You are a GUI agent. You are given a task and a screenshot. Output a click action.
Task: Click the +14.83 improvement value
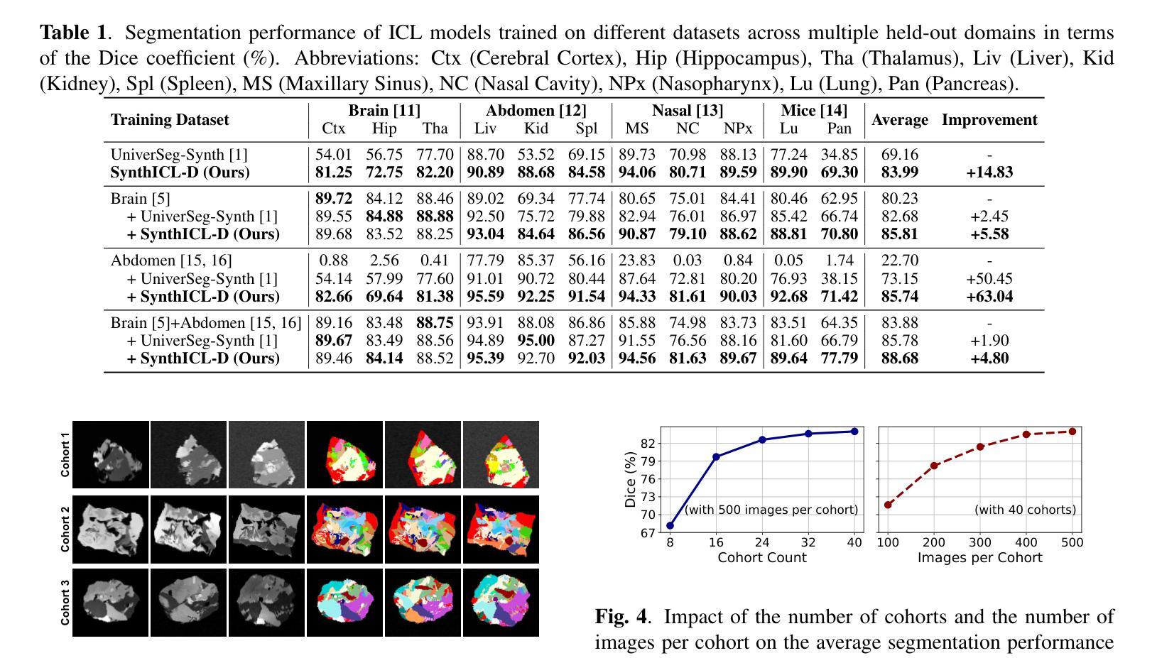[x=989, y=172]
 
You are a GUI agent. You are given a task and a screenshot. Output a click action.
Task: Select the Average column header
[x=899, y=120]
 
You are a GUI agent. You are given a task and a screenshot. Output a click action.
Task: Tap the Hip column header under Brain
[x=384, y=128]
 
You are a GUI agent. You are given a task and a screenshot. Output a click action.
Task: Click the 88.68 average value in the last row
[x=899, y=358]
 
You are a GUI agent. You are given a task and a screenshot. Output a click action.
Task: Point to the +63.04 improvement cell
[x=989, y=297]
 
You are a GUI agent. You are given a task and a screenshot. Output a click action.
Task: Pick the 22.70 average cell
[x=899, y=261]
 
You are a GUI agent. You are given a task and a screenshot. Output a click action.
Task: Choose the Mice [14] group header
[x=813, y=110]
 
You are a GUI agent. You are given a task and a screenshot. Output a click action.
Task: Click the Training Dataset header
[x=170, y=120]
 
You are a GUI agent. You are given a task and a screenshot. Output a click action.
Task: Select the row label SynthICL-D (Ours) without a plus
[x=180, y=172]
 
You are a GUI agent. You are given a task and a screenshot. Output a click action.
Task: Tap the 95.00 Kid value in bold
[x=536, y=341]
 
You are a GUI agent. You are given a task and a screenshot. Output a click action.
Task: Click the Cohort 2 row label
[x=65, y=529]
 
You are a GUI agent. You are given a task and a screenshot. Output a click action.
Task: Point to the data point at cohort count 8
[x=670, y=526]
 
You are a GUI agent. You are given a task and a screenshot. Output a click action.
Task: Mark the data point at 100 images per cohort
[x=888, y=505]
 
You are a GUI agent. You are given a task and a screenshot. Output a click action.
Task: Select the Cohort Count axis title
[x=761, y=558]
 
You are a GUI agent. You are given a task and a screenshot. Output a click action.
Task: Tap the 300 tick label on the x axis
[x=980, y=543]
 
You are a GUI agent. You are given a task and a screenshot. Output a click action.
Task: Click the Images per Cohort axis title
[x=979, y=558]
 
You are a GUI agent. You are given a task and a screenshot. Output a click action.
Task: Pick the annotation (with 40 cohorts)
[x=1025, y=510]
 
